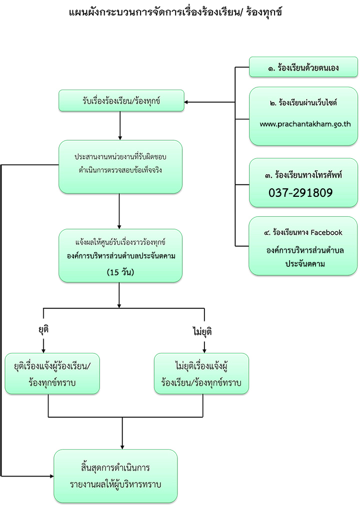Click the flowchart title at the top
(x=175, y=12)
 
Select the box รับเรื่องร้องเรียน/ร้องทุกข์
(x=121, y=101)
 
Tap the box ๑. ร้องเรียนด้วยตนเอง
(x=303, y=67)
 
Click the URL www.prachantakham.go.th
(x=305, y=124)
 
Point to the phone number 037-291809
(x=300, y=193)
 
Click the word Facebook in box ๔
(x=326, y=232)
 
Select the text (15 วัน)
(x=120, y=272)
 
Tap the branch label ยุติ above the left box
(x=43, y=330)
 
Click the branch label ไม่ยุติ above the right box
(x=202, y=331)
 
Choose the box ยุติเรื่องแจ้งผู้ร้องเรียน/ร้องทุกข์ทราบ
(x=52, y=374)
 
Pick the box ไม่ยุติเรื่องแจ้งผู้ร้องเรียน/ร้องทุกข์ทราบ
(x=201, y=374)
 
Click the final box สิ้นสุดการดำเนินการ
(x=115, y=476)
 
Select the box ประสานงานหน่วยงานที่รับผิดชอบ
(x=120, y=167)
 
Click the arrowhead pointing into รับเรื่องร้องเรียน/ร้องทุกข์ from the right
(x=186, y=102)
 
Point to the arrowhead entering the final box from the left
(x=51, y=476)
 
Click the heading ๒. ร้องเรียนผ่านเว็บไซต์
(x=303, y=102)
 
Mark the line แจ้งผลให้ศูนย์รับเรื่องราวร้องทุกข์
(x=120, y=242)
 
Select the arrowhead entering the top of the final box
(x=122, y=447)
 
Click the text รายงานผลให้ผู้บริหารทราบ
(x=115, y=485)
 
